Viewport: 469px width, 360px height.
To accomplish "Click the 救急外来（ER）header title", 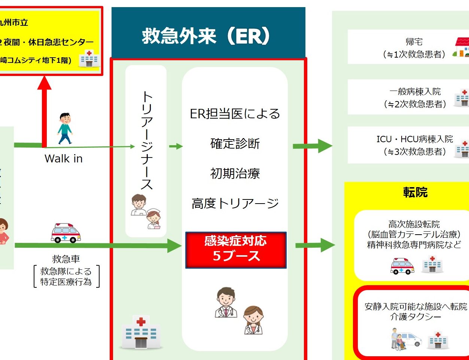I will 206,36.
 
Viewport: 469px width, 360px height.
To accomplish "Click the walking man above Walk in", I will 65,128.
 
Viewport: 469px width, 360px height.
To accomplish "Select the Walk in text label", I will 63,159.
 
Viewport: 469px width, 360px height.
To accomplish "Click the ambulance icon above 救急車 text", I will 66,233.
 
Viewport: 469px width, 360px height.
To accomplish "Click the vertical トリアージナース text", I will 146,141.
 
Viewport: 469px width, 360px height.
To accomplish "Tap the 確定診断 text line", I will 235,143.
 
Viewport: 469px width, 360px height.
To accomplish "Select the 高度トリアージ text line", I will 235,203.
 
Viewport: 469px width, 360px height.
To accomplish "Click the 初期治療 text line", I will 235,173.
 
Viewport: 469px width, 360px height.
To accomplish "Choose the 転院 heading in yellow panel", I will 415,192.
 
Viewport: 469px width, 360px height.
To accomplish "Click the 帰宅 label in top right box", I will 414,42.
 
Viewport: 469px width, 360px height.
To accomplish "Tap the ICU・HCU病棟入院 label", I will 414,139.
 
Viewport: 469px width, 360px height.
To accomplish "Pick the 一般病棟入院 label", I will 415,92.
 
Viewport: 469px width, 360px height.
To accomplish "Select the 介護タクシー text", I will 415,317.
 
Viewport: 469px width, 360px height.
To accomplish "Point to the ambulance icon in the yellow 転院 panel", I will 402,266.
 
